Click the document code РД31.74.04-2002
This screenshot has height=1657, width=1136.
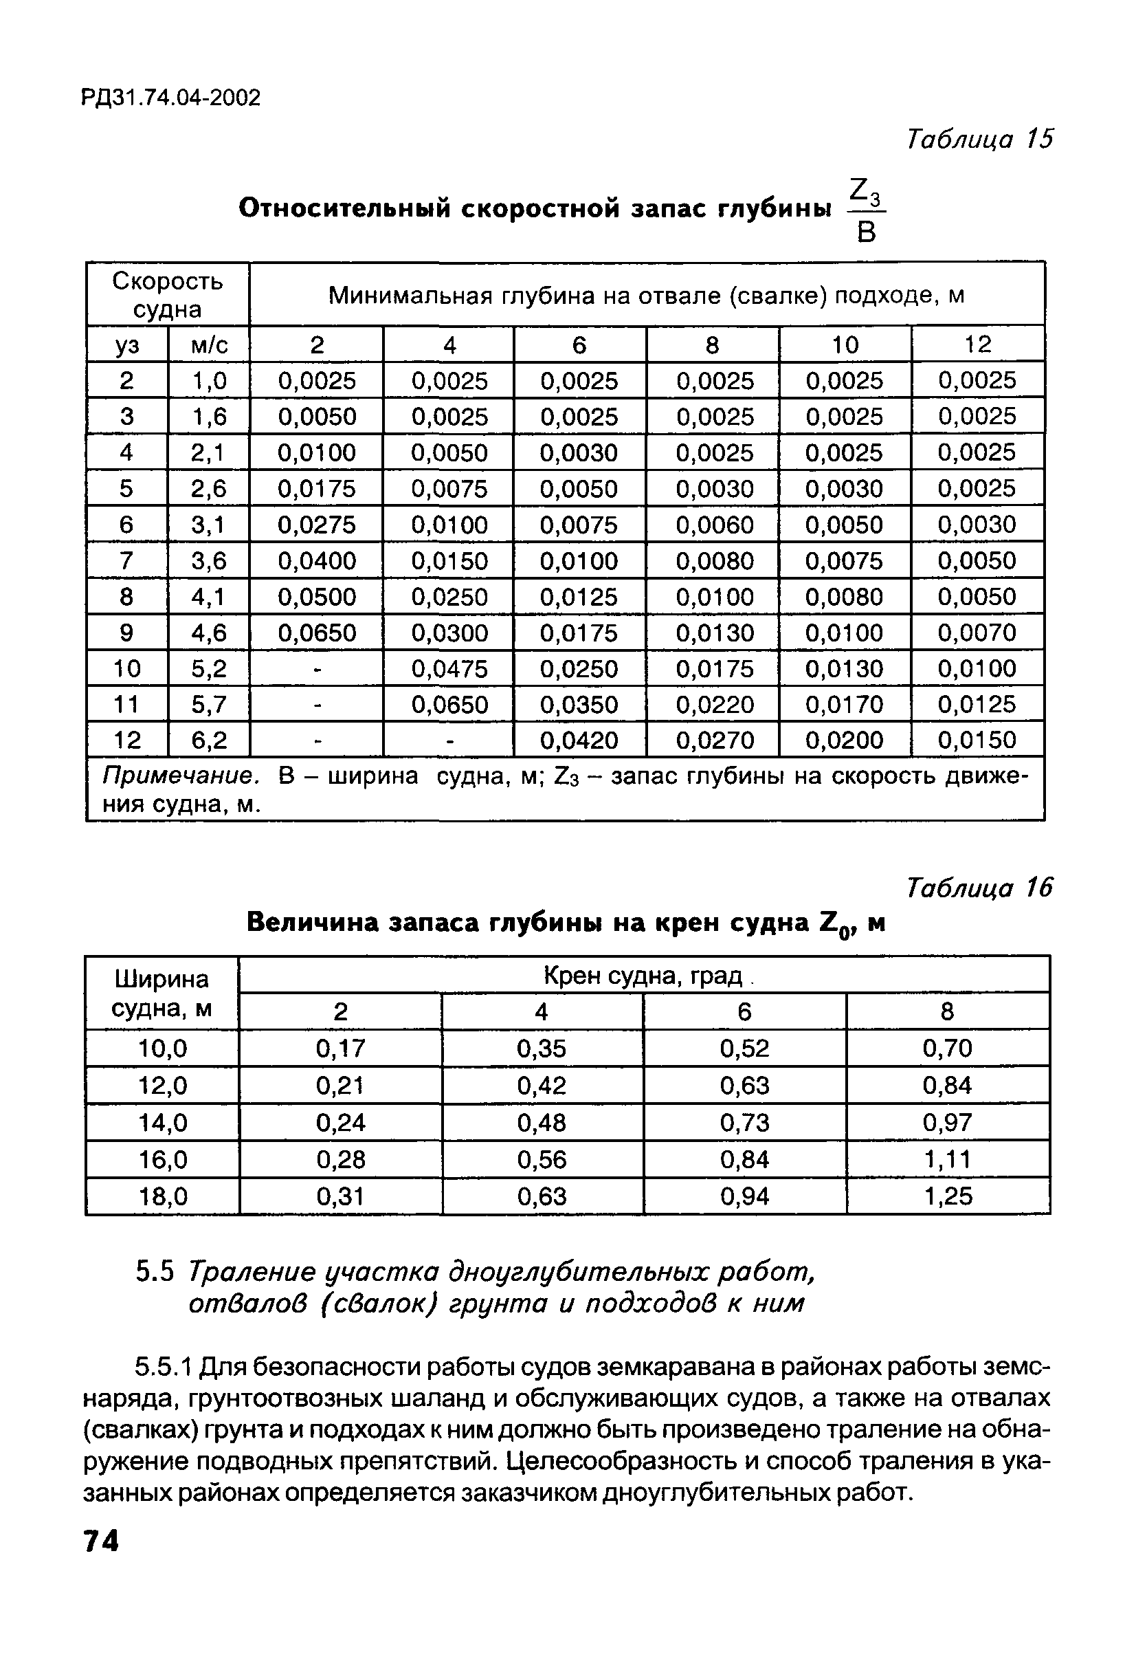[x=170, y=98]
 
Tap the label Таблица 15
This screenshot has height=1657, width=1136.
[x=979, y=139]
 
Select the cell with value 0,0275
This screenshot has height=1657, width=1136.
[x=316, y=525]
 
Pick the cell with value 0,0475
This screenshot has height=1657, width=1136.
[x=449, y=669]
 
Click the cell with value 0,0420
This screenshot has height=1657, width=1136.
[x=579, y=740]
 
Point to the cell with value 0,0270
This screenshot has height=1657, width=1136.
[x=714, y=740]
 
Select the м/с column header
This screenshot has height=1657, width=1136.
[x=209, y=345]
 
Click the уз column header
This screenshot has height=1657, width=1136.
[x=127, y=345]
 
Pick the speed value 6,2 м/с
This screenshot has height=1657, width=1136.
[x=209, y=740]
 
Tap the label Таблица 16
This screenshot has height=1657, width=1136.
[x=979, y=888]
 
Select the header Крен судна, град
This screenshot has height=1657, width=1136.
[x=643, y=976]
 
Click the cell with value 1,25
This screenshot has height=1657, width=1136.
[x=947, y=1196]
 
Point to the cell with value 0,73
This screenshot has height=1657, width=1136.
[x=744, y=1123]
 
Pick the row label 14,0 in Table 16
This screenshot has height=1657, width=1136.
[x=162, y=1123]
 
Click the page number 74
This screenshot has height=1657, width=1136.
[x=100, y=1541]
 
